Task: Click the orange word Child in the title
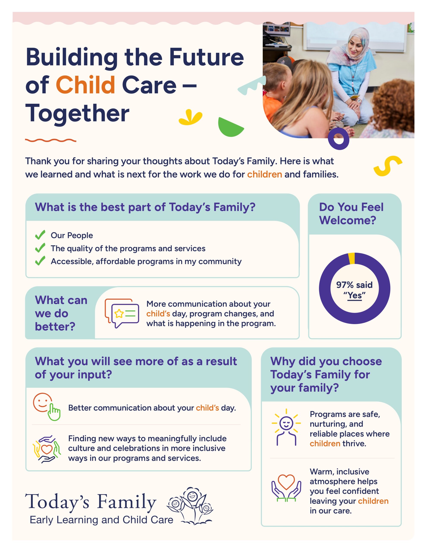coord(85,85)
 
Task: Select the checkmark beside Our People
coord(40,235)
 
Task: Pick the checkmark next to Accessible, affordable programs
coord(40,261)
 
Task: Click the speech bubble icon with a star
coord(122,313)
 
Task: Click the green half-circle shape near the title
coord(229,127)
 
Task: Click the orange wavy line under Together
coord(51,140)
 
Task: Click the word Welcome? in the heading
coord(348,220)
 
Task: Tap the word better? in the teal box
coord(55,326)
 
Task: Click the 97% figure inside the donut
coord(345,285)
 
